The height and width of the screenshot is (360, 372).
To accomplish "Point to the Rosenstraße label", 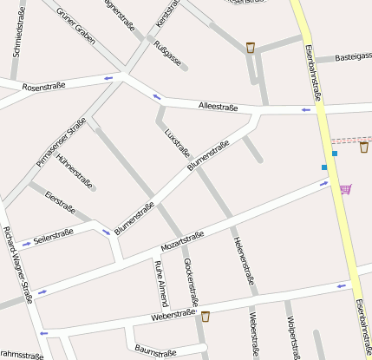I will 44,88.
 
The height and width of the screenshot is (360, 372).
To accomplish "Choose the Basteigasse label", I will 354,58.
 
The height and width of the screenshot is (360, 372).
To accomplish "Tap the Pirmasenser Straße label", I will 62,142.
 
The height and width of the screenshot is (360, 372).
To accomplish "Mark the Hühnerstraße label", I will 74,171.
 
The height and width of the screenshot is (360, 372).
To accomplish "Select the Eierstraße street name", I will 60,202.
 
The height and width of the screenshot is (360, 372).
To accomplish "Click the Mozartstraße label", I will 182,242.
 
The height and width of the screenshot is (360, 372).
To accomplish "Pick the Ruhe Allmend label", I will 160,284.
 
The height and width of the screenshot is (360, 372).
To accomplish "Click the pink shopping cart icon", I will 346,188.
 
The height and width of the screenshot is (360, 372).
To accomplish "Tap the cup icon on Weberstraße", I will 206,317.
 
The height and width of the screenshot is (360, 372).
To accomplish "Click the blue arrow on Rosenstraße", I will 108,79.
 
